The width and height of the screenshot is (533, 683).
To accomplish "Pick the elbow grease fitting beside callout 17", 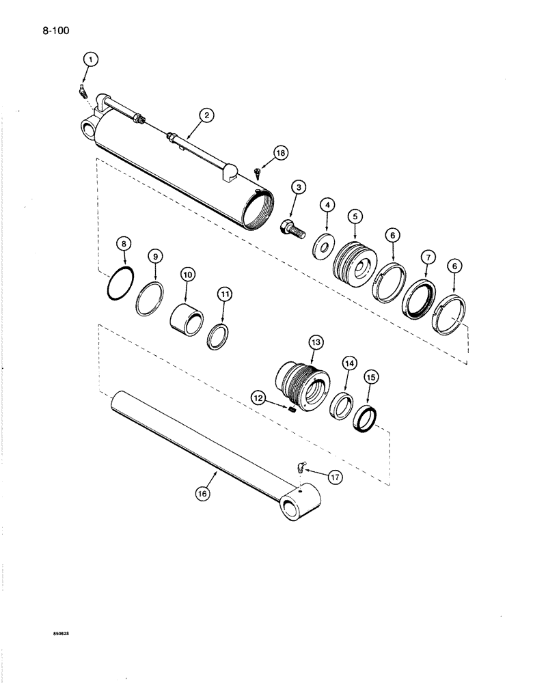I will tap(300, 467).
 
